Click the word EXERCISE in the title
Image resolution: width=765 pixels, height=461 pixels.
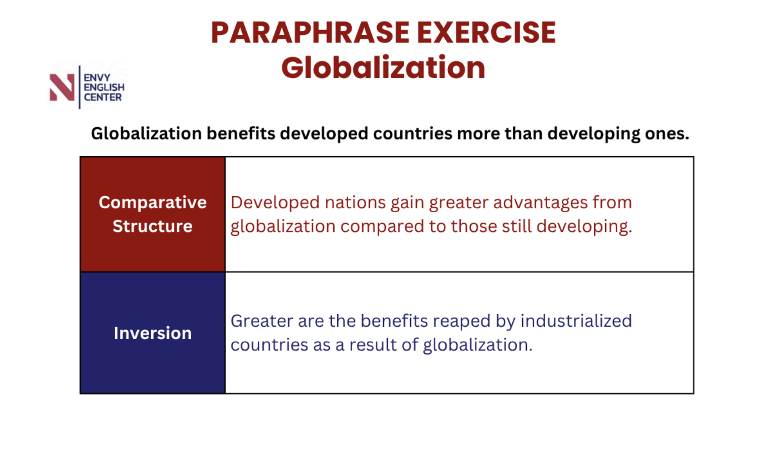(x=486, y=33)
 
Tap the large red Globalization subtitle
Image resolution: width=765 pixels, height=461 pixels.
(x=383, y=68)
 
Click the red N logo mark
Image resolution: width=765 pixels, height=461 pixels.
(x=62, y=87)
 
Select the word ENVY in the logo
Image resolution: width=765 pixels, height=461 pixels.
(x=97, y=78)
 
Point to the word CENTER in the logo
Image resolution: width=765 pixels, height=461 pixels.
(x=103, y=98)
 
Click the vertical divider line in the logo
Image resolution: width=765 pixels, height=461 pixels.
(x=80, y=87)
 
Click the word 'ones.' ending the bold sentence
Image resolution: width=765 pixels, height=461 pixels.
(x=667, y=134)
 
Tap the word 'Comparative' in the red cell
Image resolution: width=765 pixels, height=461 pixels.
(x=153, y=202)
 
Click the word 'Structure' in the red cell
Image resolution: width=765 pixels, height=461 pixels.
(x=153, y=226)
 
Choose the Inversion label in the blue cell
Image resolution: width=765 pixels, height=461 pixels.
(x=153, y=333)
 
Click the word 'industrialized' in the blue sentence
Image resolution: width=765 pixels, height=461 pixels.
(x=576, y=321)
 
